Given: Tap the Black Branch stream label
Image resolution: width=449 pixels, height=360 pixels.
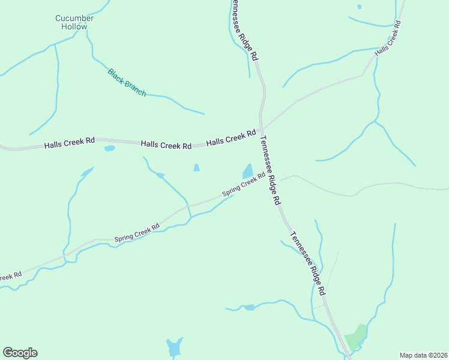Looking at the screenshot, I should (x=127, y=83).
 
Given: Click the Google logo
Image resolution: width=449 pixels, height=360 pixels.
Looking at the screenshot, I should (x=20, y=353).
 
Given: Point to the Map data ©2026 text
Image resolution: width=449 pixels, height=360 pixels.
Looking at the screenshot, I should (x=424, y=355).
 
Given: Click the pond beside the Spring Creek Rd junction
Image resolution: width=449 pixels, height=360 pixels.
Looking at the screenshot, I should (x=247, y=170).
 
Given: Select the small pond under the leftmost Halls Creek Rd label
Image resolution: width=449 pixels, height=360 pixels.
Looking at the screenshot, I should (x=109, y=148).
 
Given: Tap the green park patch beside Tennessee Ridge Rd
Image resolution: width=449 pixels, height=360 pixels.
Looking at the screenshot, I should (x=355, y=337).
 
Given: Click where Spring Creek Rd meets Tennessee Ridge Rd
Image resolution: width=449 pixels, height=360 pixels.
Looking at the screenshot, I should (x=270, y=173).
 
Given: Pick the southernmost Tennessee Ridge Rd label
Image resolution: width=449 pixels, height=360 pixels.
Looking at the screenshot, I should (x=308, y=263).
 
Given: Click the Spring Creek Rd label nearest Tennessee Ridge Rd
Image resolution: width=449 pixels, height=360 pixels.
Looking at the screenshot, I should (x=244, y=185).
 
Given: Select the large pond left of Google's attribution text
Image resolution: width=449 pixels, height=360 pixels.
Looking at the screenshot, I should (x=174, y=347).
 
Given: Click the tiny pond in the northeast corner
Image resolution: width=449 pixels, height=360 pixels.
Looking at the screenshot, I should (x=359, y=7).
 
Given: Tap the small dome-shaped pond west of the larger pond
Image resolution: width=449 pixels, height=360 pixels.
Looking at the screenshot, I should (x=196, y=168).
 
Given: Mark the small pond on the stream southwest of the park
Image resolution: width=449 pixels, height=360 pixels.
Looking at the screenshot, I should (x=247, y=308).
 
